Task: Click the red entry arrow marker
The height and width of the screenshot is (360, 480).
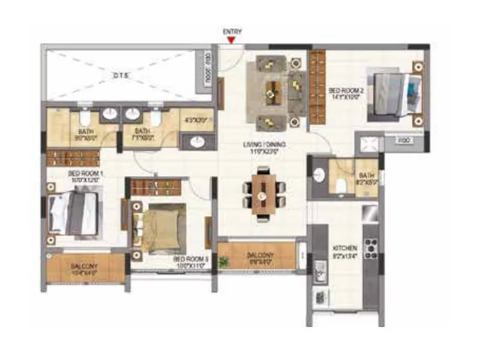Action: (x=231, y=41)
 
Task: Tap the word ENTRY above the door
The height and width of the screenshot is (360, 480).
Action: (x=232, y=31)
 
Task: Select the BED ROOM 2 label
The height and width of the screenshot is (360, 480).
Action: (x=343, y=91)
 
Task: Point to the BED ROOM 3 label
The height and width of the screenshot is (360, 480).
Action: (x=191, y=259)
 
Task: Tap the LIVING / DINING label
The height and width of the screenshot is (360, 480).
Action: (x=264, y=145)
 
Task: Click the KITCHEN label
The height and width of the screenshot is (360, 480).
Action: (x=346, y=248)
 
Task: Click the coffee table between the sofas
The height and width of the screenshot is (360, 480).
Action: (x=274, y=91)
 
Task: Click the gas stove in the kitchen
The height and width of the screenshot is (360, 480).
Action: (x=370, y=248)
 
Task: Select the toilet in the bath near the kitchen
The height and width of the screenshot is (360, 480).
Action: (x=340, y=186)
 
